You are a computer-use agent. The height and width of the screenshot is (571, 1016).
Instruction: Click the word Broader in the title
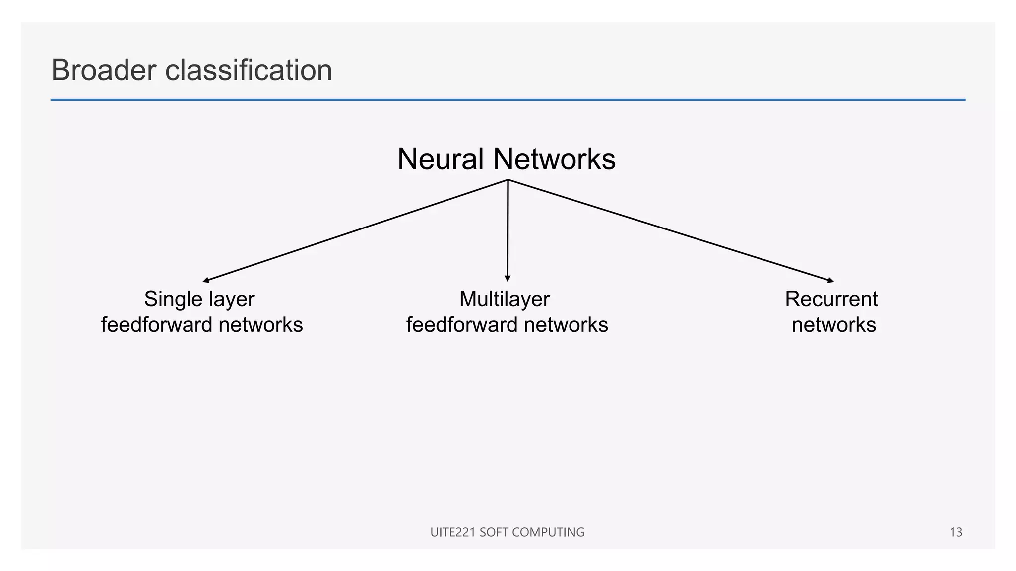[104, 70]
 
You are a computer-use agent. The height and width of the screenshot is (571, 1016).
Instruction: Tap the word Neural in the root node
[441, 159]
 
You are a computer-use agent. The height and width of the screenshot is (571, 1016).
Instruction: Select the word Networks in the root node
[554, 159]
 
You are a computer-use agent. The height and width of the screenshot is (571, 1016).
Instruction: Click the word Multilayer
[505, 299]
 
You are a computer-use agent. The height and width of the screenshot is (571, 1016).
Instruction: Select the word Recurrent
[831, 299]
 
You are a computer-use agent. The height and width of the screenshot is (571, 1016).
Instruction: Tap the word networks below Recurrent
[833, 325]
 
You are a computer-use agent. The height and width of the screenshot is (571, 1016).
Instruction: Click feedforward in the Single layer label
[157, 325]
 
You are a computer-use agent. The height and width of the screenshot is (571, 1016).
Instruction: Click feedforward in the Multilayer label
[462, 325]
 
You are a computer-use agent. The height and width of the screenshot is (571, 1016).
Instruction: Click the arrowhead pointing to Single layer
[205, 281]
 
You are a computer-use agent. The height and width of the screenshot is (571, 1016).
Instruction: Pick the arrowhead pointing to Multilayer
[507, 279]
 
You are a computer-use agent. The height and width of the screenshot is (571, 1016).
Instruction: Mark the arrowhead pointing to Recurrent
[831, 281]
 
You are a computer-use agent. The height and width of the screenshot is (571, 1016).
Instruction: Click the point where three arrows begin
[508, 180]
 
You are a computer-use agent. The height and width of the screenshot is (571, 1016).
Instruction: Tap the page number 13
[955, 532]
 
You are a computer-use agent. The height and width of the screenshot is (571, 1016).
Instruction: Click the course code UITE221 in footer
[452, 532]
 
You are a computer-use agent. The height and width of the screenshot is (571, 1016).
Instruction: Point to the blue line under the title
[508, 100]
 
